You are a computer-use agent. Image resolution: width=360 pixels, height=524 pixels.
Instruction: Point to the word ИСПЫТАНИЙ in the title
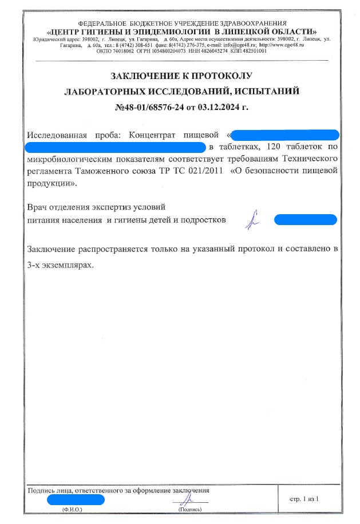[x=268, y=91]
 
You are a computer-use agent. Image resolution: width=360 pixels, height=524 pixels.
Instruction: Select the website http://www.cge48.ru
[x=282, y=45]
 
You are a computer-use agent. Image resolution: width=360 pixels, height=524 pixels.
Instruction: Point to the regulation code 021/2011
[x=204, y=170]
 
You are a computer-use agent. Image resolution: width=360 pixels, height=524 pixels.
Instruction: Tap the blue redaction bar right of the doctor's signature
[x=305, y=220]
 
